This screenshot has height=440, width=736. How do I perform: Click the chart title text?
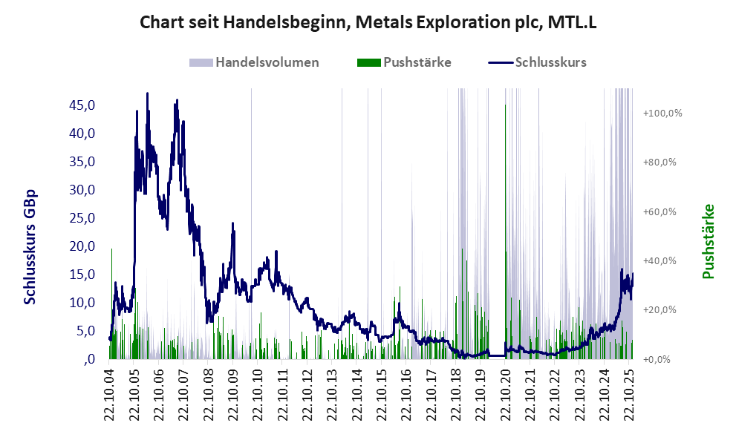click(x=368, y=24)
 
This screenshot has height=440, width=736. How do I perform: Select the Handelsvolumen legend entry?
click(x=267, y=62)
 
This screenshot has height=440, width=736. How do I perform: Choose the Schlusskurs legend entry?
click(x=550, y=62)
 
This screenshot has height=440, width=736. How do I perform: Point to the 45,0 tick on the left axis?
click(x=82, y=105)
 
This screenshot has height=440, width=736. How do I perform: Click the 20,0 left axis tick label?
click(x=82, y=246)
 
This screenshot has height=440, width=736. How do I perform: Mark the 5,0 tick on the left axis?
click(x=85, y=331)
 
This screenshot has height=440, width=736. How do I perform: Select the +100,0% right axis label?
click(x=662, y=113)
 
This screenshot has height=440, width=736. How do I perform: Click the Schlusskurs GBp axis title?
click(x=30, y=247)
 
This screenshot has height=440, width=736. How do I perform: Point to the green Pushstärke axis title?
click(x=707, y=242)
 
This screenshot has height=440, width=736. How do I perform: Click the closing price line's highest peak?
click(x=147, y=94)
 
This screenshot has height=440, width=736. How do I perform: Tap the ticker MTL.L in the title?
click(x=572, y=24)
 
